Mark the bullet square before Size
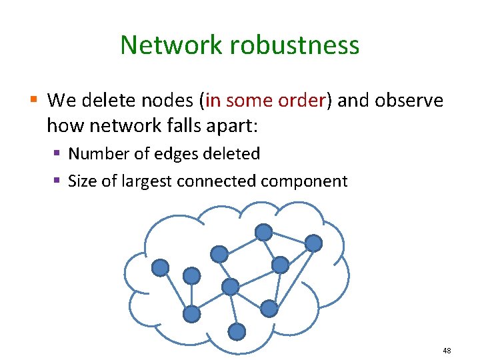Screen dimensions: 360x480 click(x=58, y=181)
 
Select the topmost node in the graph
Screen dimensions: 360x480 click(x=264, y=232)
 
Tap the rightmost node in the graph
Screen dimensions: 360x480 click(x=313, y=243)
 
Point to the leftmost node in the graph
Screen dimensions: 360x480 click(x=160, y=268)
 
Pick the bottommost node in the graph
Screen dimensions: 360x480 click(x=237, y=331)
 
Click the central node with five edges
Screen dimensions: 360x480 click(x=230, y=287)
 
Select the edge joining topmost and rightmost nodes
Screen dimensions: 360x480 click(x=289, y=238)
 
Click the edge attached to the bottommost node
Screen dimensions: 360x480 click(x=233, y=310)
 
